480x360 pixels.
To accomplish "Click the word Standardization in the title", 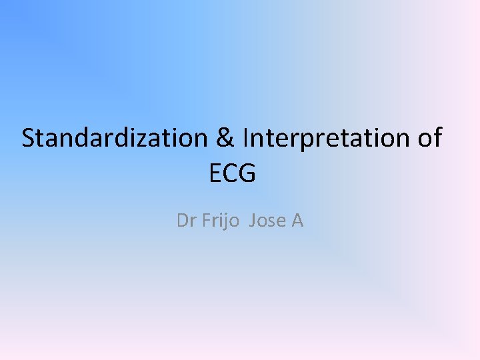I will (x=114, y=138).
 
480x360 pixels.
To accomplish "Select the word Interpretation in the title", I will (x=325, y=138).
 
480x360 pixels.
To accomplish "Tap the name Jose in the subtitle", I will (x=267, y=221).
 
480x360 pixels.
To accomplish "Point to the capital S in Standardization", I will (x=29, y=138).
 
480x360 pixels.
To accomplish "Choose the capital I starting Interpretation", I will (x=246, y=138).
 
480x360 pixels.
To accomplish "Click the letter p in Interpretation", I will (x=304, y=141).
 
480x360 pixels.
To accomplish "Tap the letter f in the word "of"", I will (x=436, y=137).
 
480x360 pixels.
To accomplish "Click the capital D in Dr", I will (x=181, y=221).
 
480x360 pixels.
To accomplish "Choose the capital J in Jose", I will (x=252, y=221).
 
